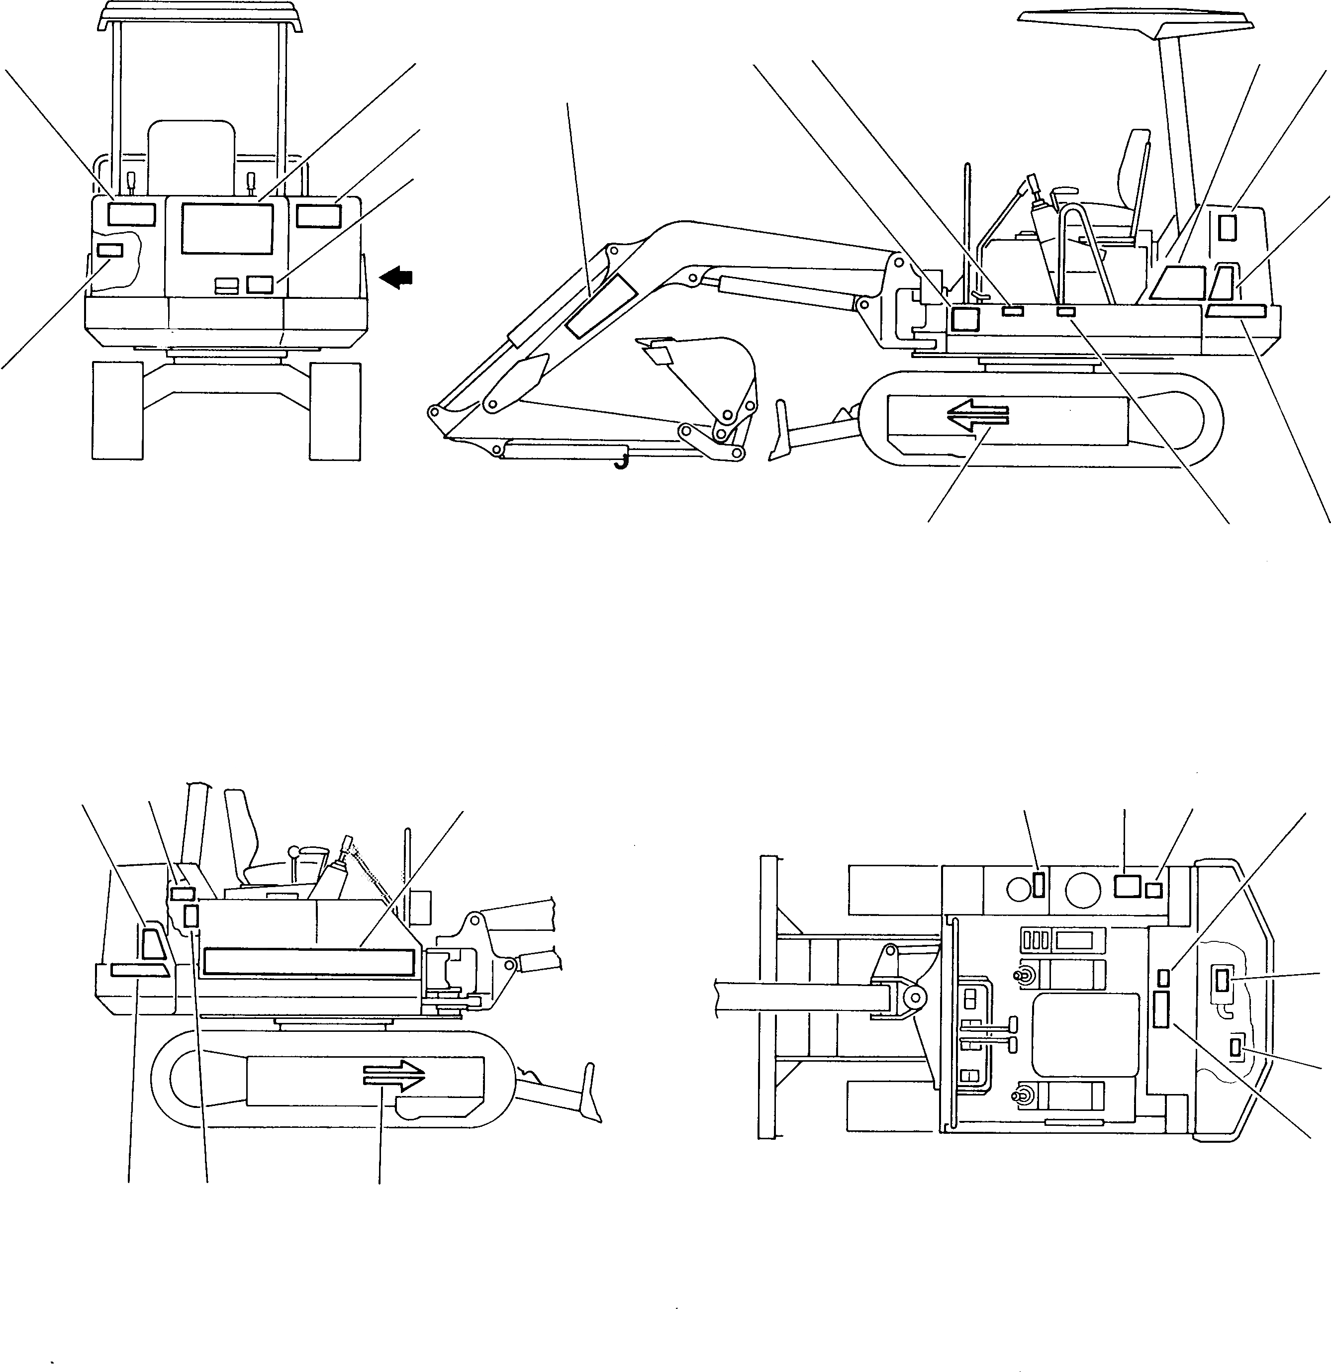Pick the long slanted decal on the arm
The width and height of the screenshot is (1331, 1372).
click(599, 304)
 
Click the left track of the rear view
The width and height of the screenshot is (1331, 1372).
click(117, 410)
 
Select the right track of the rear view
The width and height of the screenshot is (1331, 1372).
click(335, 410)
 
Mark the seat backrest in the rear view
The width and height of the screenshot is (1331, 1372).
click(191, 154)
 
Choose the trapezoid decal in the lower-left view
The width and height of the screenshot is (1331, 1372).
click(153, 944)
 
